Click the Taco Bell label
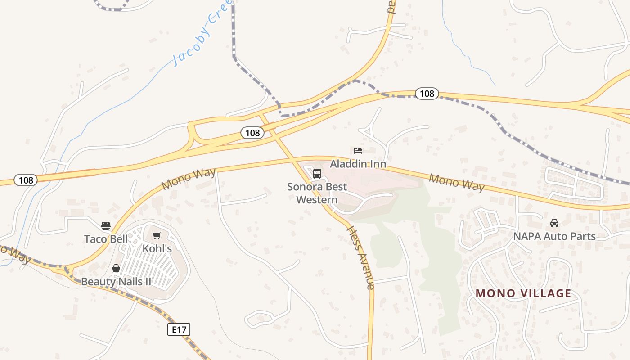click(106, 238)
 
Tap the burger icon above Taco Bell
click(106, 225)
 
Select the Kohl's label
click(157, 248)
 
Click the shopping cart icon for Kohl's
click(157, 235)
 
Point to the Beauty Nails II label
click(116, 282)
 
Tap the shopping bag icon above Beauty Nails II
click(116, 268)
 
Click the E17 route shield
click(179, 329)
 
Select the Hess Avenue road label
click(360, 257)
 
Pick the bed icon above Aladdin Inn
click(358, 150)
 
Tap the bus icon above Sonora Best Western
click(317, 173)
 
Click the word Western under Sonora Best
click(317, 199)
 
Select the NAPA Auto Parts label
click(554, 236)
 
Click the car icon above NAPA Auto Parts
click(554, 223)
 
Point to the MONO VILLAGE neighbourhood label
click(523, 293)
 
